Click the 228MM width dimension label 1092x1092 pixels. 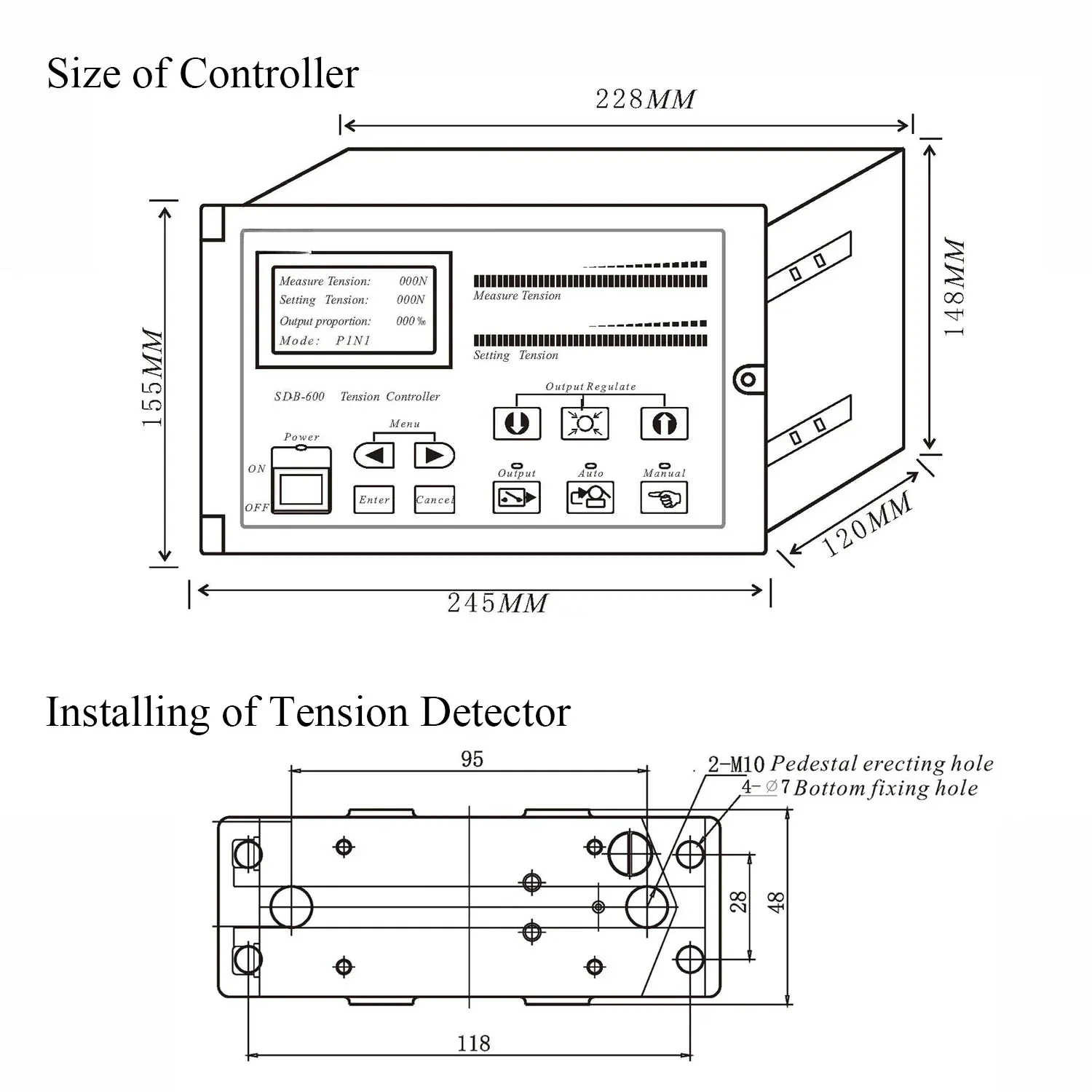point(645,99)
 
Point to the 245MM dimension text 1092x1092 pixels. point(496,604)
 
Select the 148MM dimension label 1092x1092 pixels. point(954,287)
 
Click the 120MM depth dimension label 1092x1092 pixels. point(867,524)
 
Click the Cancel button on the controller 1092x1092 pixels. point(435,500)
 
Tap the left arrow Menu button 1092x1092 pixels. point(374,456)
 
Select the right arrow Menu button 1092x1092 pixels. point(434,456)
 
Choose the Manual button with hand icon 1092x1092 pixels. point(664,499)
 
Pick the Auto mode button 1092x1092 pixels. point(590,498)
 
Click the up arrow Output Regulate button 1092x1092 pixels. point(664,424)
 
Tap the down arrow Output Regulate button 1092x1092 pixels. point(517,424)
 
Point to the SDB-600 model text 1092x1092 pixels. point(299,397)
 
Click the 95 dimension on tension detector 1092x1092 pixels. point(472,759)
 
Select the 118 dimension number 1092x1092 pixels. point(473,1043)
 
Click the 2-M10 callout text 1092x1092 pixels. point(736,764)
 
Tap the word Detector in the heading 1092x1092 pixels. point(495,712)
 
